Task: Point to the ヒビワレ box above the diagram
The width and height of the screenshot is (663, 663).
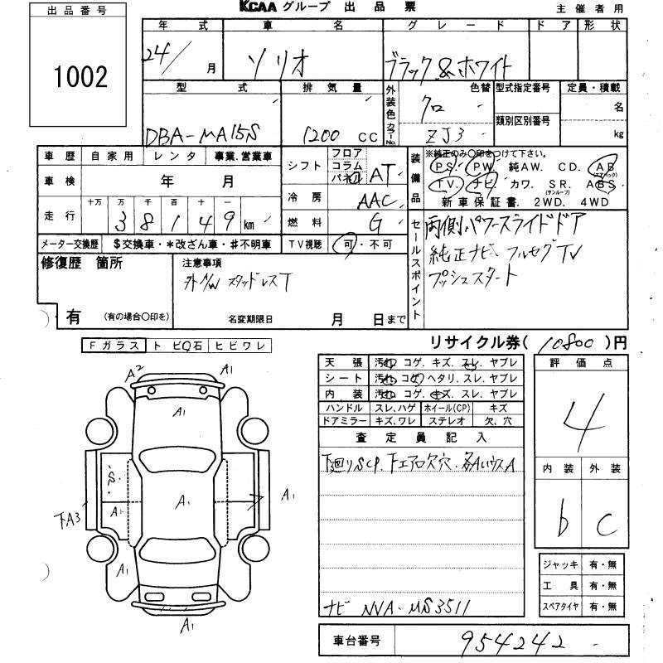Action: (x=235, y=345)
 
